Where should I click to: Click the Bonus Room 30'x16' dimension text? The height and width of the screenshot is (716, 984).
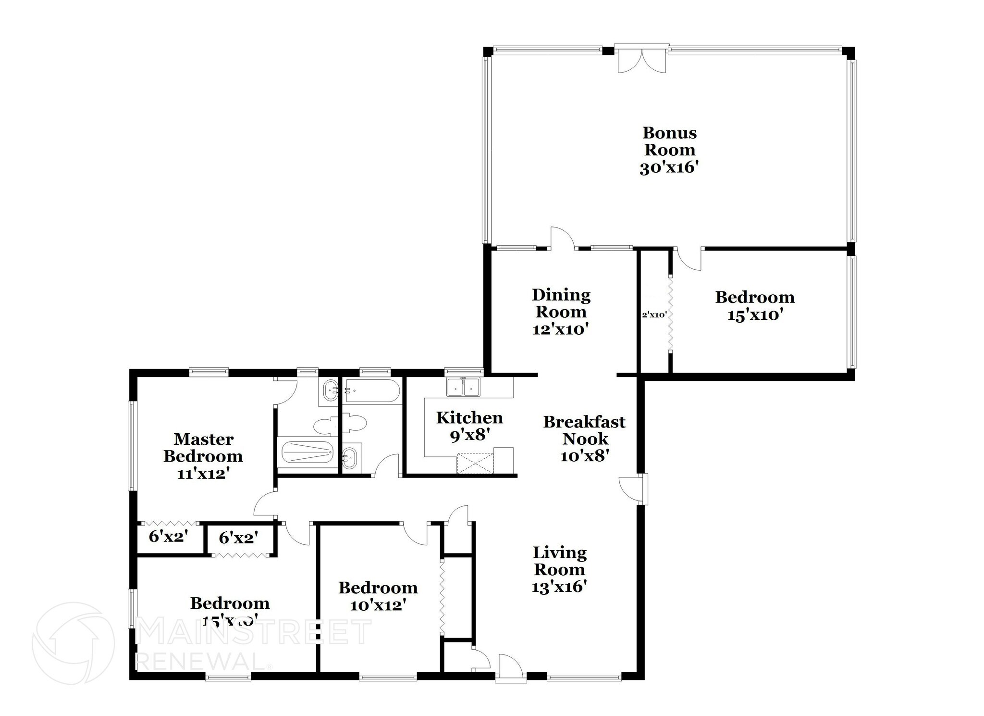[668, 168]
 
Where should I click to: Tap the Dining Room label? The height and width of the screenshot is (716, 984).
[561, 303]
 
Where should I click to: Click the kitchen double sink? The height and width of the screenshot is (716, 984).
[463, 387]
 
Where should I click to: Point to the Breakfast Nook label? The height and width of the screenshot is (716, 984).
[584, 430]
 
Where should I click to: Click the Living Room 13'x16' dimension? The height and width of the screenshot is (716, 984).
[559, 587]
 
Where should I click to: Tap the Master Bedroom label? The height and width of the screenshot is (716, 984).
[203, 447]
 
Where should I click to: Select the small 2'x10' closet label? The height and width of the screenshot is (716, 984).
[654, 315]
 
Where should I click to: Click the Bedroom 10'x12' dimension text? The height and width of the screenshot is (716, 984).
[378, 605]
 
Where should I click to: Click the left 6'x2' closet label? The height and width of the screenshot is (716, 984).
[168, 536]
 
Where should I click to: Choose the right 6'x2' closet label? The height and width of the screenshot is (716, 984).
[238, 538]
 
